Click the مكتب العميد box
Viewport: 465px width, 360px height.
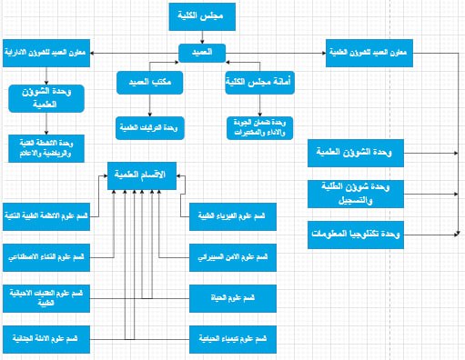click(x=146, y=85)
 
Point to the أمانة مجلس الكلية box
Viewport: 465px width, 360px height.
click(x=258, y=85)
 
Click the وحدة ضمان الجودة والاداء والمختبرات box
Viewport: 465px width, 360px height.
click(x=258, y=125)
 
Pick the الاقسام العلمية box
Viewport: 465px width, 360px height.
click(x=143, y=173)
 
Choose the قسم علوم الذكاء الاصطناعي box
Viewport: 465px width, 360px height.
click(x=45, y=257)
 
